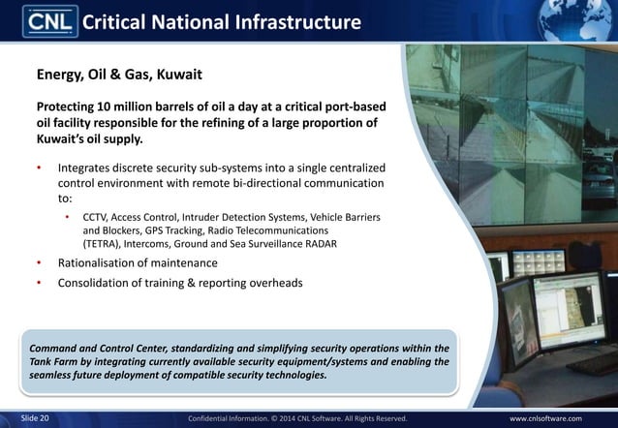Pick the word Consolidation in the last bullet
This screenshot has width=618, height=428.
(103, 284)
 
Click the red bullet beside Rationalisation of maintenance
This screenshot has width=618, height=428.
(40, 263)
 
